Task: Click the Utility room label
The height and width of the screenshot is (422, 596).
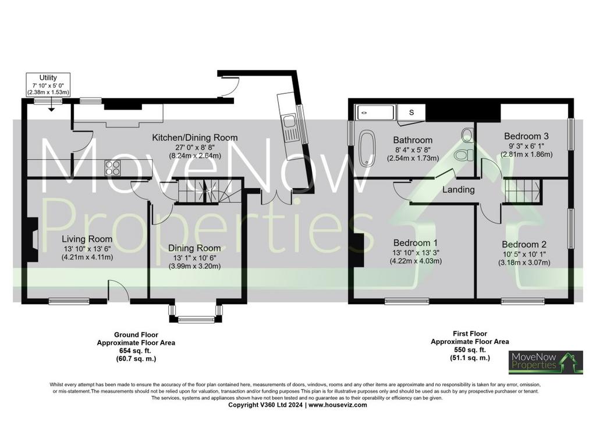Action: click(48, 78)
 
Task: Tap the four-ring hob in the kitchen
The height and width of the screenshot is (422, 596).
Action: click(113, 168)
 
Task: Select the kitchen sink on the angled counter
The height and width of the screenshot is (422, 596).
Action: click(288, 122)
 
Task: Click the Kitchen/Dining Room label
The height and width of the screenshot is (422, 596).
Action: click(194, 138)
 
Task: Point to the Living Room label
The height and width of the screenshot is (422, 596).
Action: click(87, 239)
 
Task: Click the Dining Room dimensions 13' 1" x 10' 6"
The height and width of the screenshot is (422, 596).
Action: click(194, 258)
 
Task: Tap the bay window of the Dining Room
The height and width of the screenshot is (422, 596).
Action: click(196, 314)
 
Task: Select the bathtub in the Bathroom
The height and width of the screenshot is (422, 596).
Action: click(368, 149)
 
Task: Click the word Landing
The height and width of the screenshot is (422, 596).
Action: click(459, 189)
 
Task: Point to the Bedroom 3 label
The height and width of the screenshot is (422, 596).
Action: click(526, 136)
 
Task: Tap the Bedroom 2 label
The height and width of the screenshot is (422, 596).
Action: click(524, 244)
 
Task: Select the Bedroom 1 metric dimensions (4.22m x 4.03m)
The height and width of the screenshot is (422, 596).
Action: click(416, 261)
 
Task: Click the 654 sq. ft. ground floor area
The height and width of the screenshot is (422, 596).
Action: click(136, 350)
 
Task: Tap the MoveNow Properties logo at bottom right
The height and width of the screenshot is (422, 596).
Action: click(546, 363)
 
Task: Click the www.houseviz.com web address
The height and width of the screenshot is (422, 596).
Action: click(338, 405)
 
